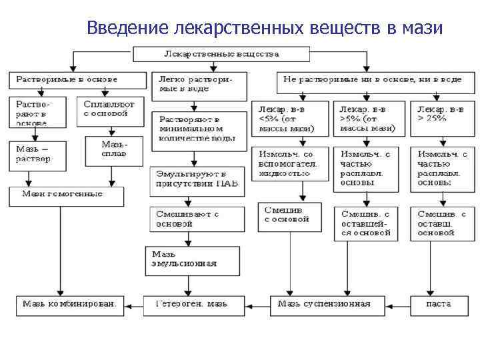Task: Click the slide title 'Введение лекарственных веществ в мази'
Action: point(264,28)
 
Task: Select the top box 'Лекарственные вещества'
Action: point(221,54)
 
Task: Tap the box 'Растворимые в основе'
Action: point(77,80)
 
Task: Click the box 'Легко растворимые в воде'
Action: point(197,84)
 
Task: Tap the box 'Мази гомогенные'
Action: point(66,195)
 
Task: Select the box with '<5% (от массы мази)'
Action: point(289,118)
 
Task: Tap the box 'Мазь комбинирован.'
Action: point(69,305)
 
